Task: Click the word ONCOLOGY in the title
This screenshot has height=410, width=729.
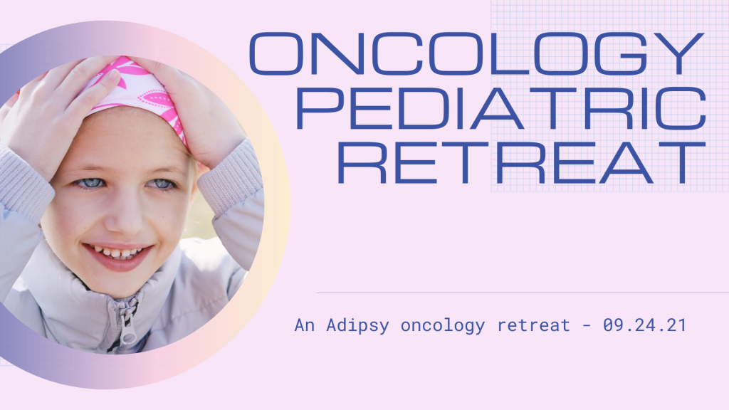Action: tap(477, 53)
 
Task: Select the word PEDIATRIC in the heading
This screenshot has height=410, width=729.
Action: tap(501, 108)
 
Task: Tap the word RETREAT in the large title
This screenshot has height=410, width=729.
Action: tap(521, 163)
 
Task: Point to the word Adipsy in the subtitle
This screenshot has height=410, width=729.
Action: tap(357, 325)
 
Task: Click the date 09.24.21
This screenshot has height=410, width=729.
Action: tap(644, 325)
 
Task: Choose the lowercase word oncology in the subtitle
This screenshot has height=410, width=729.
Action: tap(443, 325)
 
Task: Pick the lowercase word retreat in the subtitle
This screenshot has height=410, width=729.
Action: tap(534, 325)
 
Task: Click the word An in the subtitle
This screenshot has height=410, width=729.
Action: tap(305, 325)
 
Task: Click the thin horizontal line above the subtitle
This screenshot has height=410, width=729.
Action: tap(523, 293)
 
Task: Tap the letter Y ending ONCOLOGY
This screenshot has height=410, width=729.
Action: tap(680, 53)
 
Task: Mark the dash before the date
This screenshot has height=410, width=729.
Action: tap(587, 325)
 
